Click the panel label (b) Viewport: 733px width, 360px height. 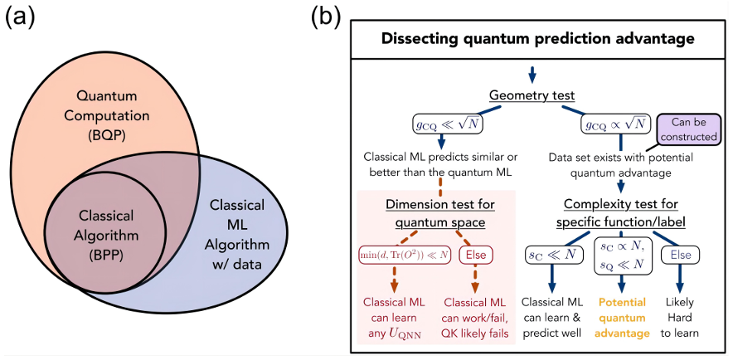[x=330, y=18]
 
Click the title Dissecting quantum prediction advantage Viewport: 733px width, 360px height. [x=536, y=38]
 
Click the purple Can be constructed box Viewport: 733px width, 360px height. [x=687, y=131]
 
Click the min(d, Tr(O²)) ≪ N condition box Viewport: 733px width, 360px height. [x=405, y=255]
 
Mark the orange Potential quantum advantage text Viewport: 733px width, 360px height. [x=622, y=319]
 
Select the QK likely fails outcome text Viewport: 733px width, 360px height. [x=480, y=333]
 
